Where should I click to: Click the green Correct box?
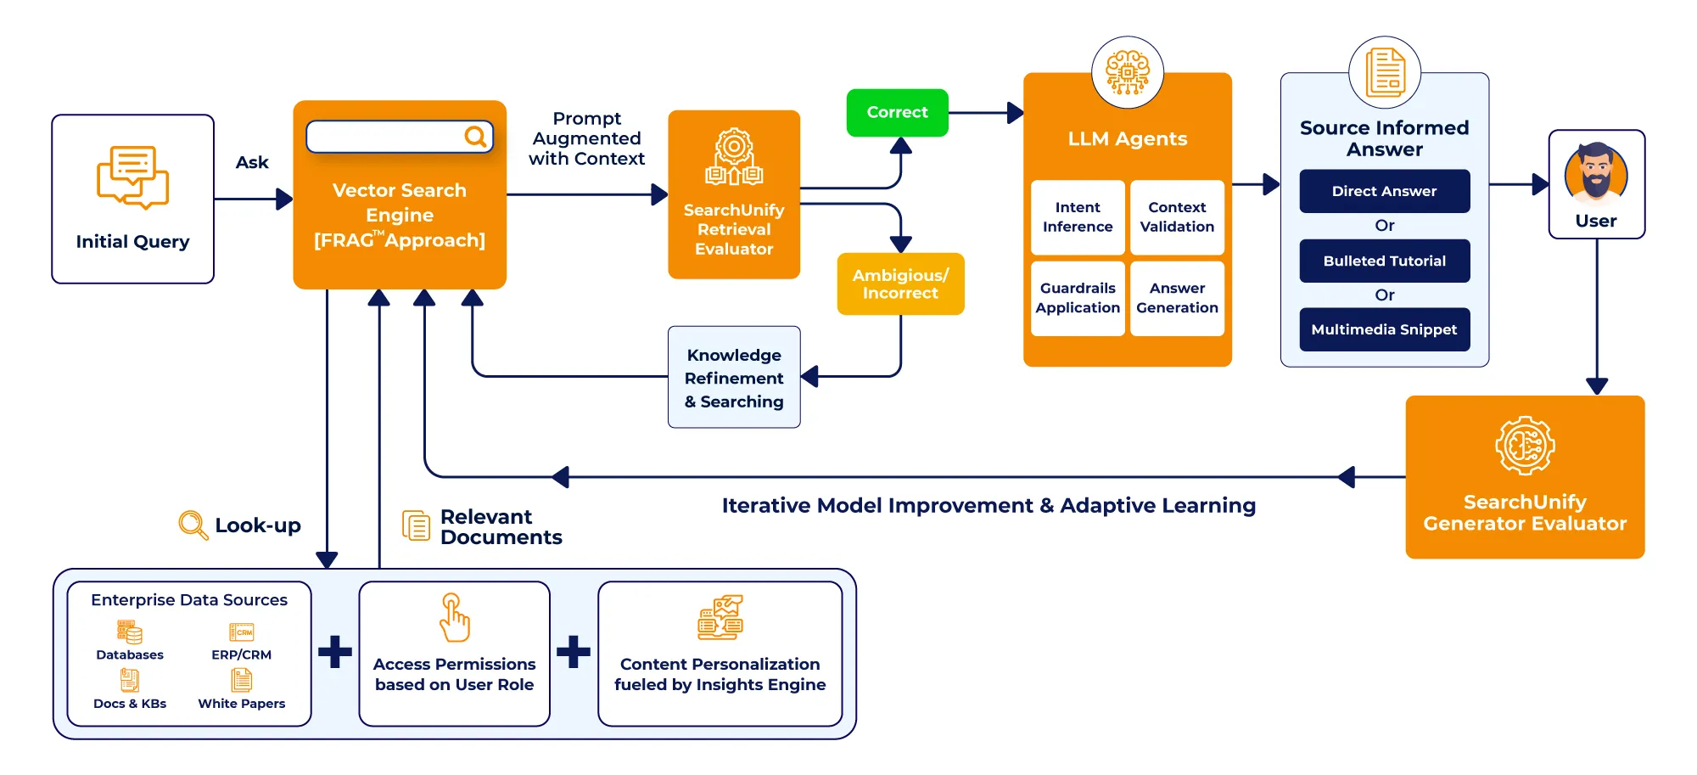coord(897,112)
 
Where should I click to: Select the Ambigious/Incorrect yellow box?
coord(900,284)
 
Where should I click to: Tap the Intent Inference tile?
coord(1078,217)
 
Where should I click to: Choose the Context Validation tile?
coord(1177,217)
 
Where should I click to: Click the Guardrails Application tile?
coord(1078,298)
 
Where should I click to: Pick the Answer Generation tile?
coord(1177,298)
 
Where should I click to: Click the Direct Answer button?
coord(1384,191)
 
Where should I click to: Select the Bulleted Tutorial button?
coord(1384,261)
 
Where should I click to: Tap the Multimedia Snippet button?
coord(1384,329)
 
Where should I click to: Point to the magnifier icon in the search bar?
coord(475,136)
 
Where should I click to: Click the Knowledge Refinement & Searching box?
coord(734,378)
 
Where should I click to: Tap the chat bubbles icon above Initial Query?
coord(132,177)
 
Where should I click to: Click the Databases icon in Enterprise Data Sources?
coord(130,632)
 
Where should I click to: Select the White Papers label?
coord(242,704)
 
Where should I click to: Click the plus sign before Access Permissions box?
coord(335,652)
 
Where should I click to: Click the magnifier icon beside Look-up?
coord(193,525)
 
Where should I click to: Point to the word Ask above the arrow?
coord(252,162)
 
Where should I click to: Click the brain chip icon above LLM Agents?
coord(1127,72)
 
